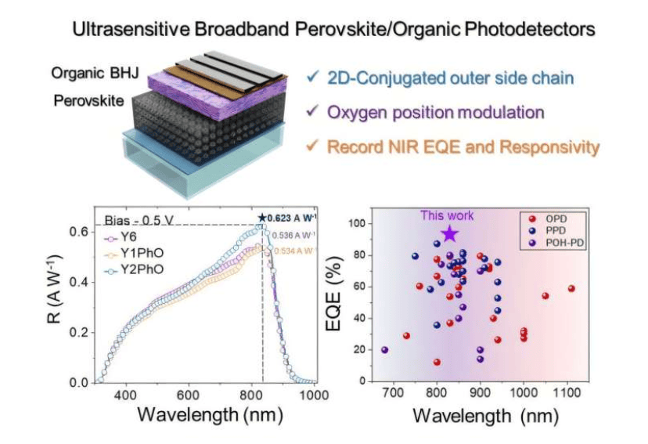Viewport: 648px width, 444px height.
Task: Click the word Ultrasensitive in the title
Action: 129,30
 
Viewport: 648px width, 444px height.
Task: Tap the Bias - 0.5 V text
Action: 145,221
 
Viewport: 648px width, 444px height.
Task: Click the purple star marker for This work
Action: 449,233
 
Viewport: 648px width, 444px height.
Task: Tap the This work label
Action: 447,215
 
